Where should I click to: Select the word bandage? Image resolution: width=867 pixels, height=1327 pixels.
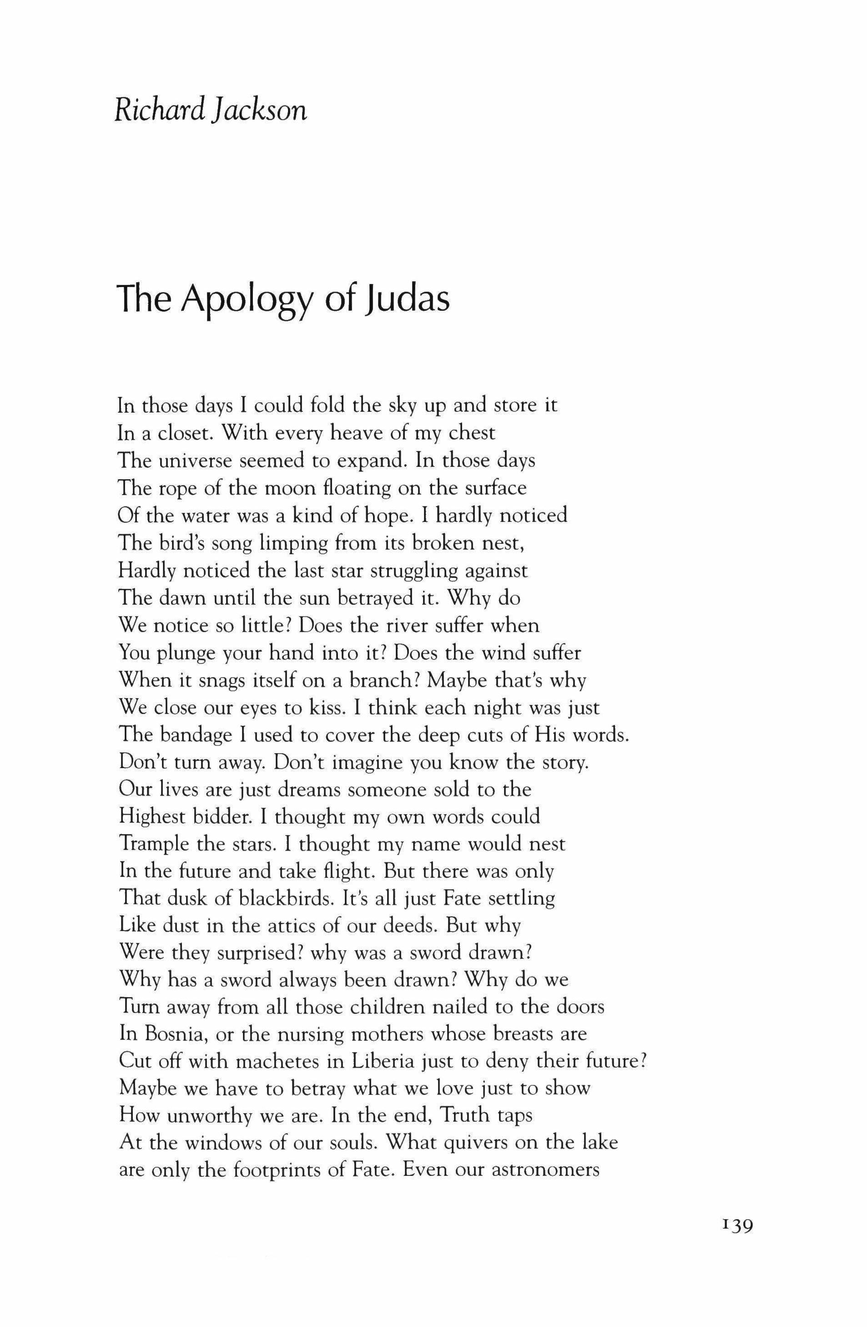[197, 735]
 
